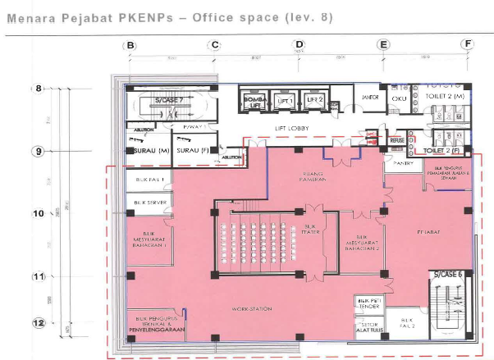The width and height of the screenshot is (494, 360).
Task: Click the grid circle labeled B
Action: point(130,45)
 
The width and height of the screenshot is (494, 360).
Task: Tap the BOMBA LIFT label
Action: point(255,102)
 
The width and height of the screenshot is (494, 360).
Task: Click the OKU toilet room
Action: point(400,98)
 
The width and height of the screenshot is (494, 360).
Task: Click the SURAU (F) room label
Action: point(194,151)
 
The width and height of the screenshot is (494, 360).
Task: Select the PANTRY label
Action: point(403,164)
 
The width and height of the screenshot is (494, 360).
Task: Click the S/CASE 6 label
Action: point(450,273)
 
